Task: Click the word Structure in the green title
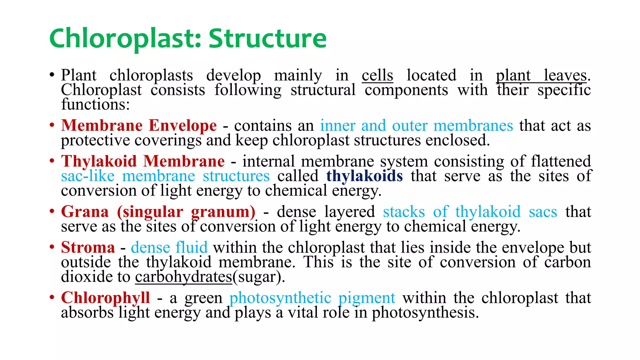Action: [267, 38]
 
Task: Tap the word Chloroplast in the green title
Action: [125, 38]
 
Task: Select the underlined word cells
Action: [377, 75]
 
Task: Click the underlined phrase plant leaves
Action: [541, 75]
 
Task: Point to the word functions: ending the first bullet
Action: [95, 104]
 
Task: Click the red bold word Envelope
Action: [182, 126]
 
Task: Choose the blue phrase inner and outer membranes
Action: [416, 126]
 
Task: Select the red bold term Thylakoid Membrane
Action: [143, 162]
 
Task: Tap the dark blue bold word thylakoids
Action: [364, 176]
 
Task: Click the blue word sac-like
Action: [88, 176]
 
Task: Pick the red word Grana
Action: [85, 212]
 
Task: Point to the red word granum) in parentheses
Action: [223, 212]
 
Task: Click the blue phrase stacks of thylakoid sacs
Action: [470, 212]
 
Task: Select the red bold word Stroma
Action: [88, 247]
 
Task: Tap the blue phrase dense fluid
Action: [169, 247]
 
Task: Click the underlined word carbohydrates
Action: [184, 277]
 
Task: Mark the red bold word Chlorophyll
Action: [105, 298]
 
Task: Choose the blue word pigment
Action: [367, 298]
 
